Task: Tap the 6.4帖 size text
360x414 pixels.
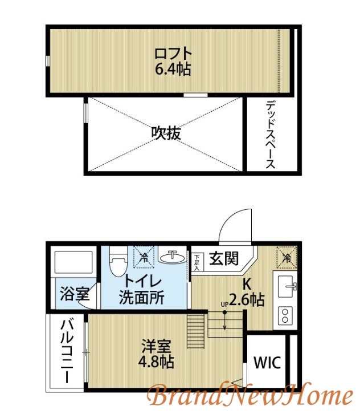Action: (x=173, y=70)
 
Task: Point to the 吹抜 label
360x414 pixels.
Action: (x=166, y=133)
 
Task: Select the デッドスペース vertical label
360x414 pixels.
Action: (x=271, y=135)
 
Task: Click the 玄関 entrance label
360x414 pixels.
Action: (x=223, y=259)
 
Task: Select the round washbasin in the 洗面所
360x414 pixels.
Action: (x=171, y=258)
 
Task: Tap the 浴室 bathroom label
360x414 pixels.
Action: (x=75, y=295)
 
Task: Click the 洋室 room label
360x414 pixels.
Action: (x=155, y=346)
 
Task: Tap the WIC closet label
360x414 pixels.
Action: (x=267, y=363)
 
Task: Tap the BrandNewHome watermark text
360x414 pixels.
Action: (x=251, y=395)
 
